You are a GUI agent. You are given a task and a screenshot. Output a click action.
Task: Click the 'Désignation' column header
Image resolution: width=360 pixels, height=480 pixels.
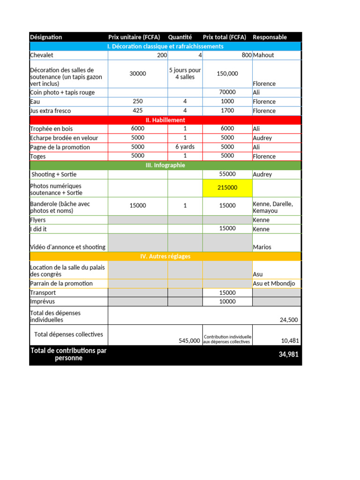(46, 37)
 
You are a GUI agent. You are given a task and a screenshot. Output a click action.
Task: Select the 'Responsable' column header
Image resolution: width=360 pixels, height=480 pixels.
(270, 37)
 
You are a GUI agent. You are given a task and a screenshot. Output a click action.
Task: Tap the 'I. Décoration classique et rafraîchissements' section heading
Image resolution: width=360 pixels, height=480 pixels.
(165, 46)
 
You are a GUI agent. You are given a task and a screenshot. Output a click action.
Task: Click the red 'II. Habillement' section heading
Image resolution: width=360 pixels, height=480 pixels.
(165, 120)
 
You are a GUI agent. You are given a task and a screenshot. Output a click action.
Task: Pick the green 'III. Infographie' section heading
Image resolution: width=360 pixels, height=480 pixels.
(165, 165)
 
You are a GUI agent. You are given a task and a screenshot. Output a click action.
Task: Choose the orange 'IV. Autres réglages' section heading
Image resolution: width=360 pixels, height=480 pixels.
(165, 256)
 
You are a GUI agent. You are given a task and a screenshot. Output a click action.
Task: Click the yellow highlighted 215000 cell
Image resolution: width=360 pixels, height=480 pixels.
(227, 187)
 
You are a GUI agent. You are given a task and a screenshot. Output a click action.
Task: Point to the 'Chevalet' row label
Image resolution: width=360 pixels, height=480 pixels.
(42, 55)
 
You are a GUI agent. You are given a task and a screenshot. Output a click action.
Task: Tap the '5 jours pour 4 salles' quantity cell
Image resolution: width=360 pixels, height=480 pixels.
(185, 74)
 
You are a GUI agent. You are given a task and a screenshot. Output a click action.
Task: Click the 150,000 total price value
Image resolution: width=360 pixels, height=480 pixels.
(227, 74)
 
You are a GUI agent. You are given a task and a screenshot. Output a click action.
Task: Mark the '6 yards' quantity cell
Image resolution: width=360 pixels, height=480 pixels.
(185, 147)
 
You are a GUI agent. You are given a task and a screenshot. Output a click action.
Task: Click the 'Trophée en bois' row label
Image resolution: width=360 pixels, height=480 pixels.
(51, 128)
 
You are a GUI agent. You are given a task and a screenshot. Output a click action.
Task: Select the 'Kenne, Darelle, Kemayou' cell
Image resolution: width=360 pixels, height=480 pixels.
(273, 207)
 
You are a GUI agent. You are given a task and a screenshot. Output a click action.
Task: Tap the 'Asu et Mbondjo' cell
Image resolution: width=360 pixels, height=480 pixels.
(271, 284)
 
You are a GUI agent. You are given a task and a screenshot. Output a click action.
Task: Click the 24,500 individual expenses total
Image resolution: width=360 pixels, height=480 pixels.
(288, 320)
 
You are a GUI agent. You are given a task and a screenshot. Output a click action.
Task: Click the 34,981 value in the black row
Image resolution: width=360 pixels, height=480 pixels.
(288, 355)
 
